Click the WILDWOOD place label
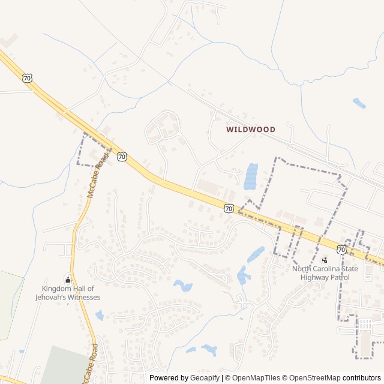pos(251,130)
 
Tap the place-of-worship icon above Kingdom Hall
pos(67,280)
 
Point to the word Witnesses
pos(84,297)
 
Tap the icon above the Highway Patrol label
pos(325,260)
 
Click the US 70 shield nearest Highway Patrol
pos(341,249)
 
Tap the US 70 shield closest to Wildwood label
pos(229,208)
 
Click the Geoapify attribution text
pos(205,378)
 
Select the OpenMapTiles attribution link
pos(256,378)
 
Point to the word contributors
pos(362,378)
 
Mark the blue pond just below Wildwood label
pos(251,176)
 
